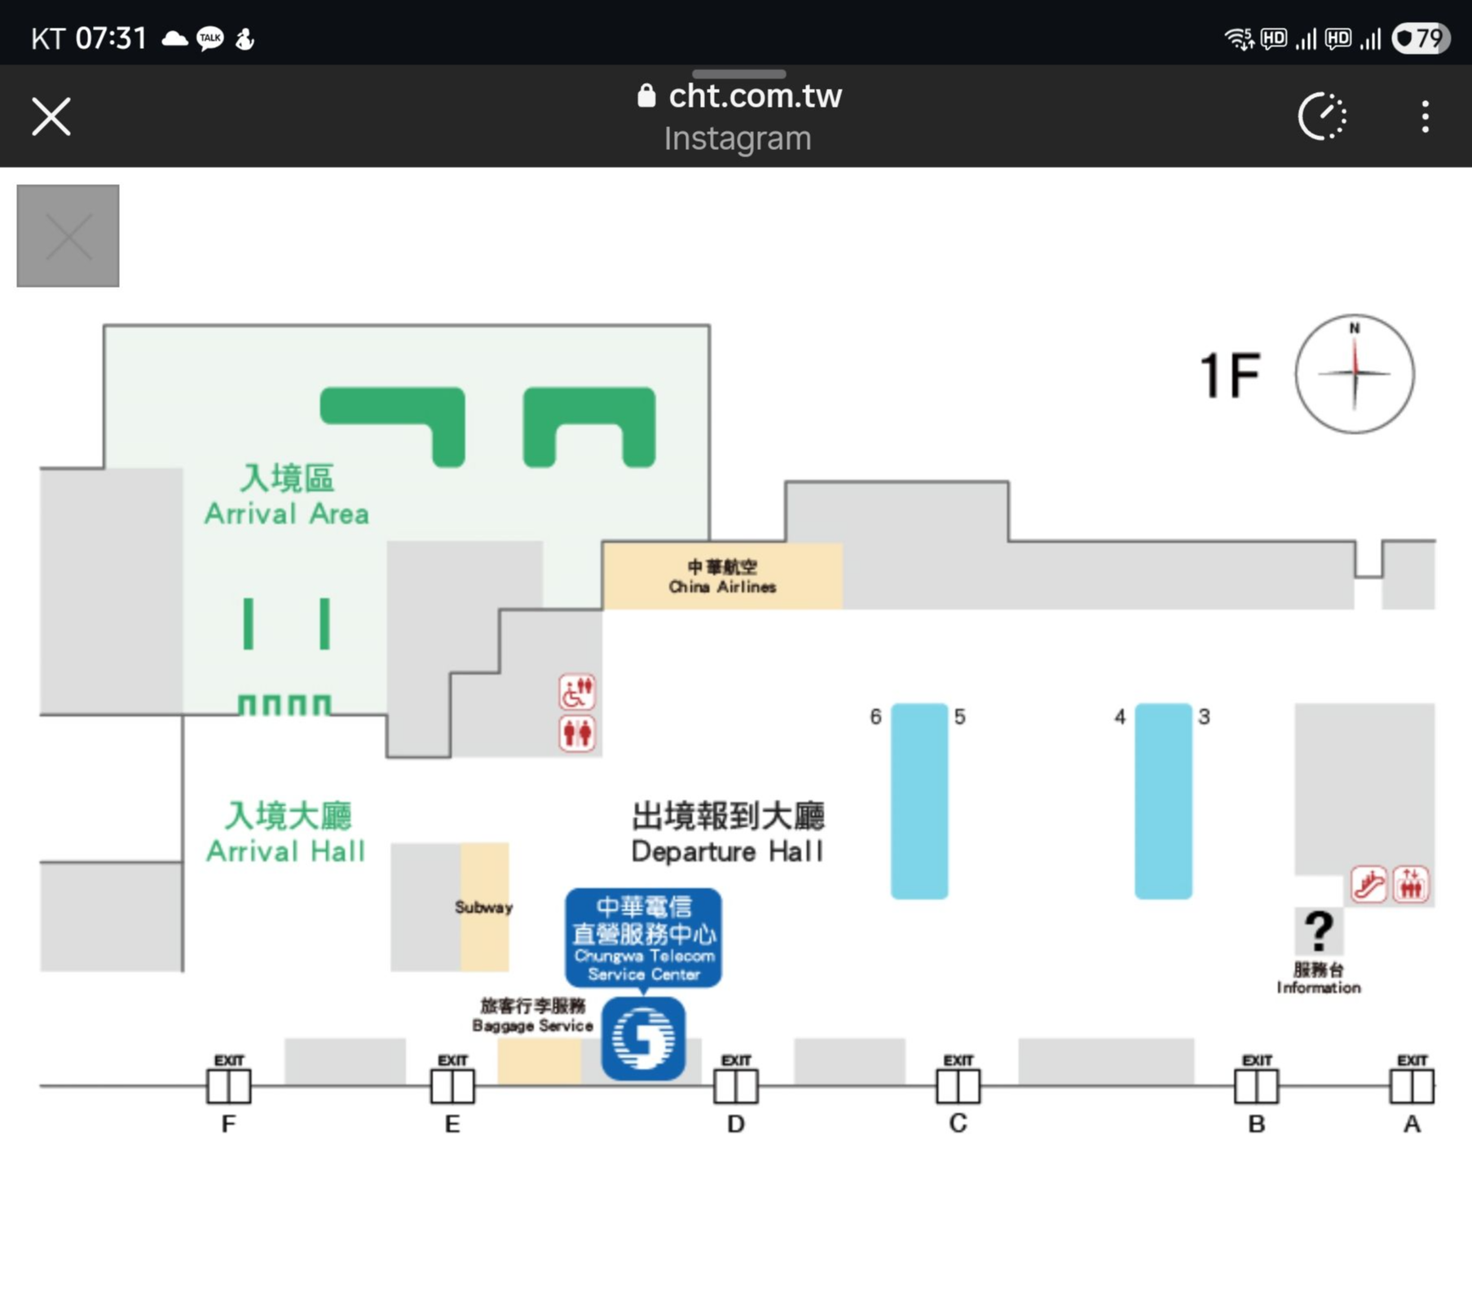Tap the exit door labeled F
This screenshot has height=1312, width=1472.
(229, 1085)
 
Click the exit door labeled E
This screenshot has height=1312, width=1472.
(452, 1085)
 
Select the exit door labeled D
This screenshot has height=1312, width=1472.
(735, 1085)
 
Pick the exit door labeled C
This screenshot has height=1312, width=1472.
(958, 1085)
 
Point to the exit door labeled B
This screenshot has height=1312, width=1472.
(1256, 1085)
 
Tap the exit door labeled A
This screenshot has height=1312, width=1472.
(1412, 1085)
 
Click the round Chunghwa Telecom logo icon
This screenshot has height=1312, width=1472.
(643, 1038)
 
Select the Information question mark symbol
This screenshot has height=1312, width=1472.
(1319, 931)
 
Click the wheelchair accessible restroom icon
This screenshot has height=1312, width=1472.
(577, 692)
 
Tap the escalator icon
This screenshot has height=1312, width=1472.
(1369, 885)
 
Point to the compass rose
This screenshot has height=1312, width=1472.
(1355, 374)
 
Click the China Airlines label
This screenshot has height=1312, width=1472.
(722, 577)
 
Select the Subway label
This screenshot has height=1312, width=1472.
(483, 907)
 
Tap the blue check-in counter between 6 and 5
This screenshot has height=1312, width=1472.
(919, 800)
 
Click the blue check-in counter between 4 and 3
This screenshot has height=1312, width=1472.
(1163, 800)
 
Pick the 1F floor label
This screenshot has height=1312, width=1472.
(1230, 376)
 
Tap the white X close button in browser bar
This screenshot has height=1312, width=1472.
(51, 116)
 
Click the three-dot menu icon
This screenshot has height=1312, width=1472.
(1425, 117)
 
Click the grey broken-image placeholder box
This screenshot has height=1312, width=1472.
(68, 236)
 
